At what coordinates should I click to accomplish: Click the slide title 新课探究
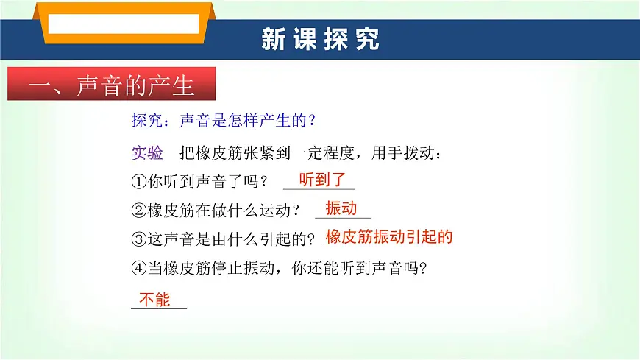click(320, 40)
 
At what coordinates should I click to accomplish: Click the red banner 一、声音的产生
click(111, 85)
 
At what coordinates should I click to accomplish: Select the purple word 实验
click(146, 153)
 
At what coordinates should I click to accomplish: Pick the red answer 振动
click(341, 208)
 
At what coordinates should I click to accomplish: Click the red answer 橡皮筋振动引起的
click(389, 237)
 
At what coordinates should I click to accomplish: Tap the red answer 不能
click(154, 299)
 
